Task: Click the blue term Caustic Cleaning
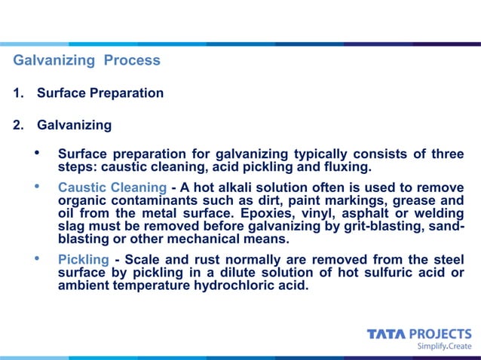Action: [112, 187]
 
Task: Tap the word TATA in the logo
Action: [385, 334]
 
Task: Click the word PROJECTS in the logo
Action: [440, 334]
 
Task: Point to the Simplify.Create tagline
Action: [444, 347]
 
